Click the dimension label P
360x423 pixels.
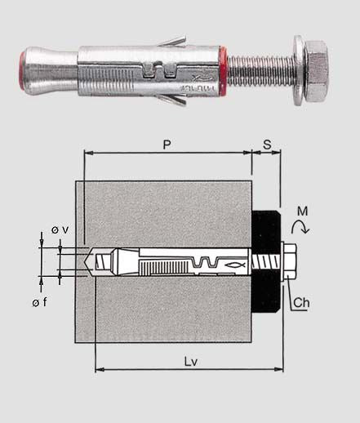click(x=167, y=145)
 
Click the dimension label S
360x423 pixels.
click(x=267, y=145)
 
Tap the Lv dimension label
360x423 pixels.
click(x=191, y=362)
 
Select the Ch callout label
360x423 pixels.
click(x=301, y=302)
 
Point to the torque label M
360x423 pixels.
click(x=303, y=211)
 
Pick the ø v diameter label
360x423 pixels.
click(x=60, y=230)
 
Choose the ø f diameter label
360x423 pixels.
click(x=39, y=302)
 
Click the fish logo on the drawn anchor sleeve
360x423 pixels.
click(x=234, y=265)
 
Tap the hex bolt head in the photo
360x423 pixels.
click(x=317, y=71)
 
